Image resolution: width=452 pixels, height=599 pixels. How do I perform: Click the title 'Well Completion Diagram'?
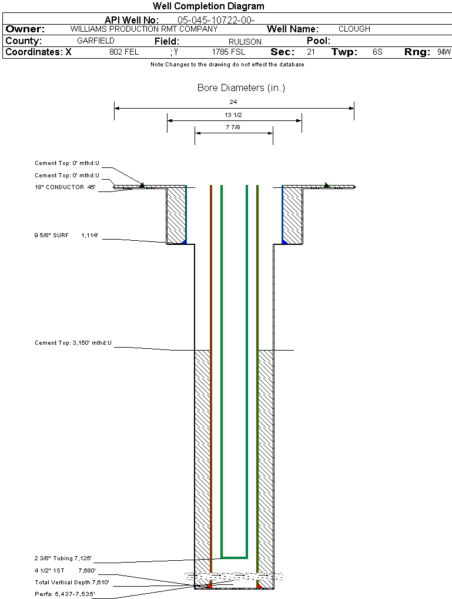tap(208, 6)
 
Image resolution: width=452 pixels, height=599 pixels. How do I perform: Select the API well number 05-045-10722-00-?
tap(216, 20)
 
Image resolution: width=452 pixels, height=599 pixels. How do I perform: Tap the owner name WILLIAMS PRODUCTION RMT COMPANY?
tap(143, 29)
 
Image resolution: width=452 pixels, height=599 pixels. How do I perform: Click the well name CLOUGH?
tap(354, 29)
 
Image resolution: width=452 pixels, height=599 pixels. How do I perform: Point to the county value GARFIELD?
tap(96, 41)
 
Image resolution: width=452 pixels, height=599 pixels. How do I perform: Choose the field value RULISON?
tap(245, 42)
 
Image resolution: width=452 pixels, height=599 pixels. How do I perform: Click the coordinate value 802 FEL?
tap(124, 52)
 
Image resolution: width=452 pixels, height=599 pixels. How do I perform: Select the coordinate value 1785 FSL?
tap(229, 52)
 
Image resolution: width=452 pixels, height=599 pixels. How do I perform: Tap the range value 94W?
tap(444, 52)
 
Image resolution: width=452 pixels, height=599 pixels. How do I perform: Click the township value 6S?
tap(377, 52)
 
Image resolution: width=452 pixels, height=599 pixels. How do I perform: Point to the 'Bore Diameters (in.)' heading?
tap(241, 88)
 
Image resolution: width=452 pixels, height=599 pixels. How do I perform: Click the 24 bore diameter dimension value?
tap(233, 102)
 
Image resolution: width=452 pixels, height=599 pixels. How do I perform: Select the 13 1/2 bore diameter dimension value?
tap(233, 115)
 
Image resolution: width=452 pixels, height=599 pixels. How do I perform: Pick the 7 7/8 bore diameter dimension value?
tap(233, 127)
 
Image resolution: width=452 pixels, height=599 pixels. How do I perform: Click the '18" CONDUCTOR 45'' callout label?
tap(65, 187)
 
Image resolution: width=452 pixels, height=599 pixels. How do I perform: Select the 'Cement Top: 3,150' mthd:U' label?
tap(73, 342)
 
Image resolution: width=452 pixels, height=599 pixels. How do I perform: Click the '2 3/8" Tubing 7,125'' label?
tap(63, 558)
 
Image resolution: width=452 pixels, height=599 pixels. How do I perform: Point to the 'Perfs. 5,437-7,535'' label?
tap(65, 594)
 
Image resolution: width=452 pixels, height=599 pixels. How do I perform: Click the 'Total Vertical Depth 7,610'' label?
tap(72, 583)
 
